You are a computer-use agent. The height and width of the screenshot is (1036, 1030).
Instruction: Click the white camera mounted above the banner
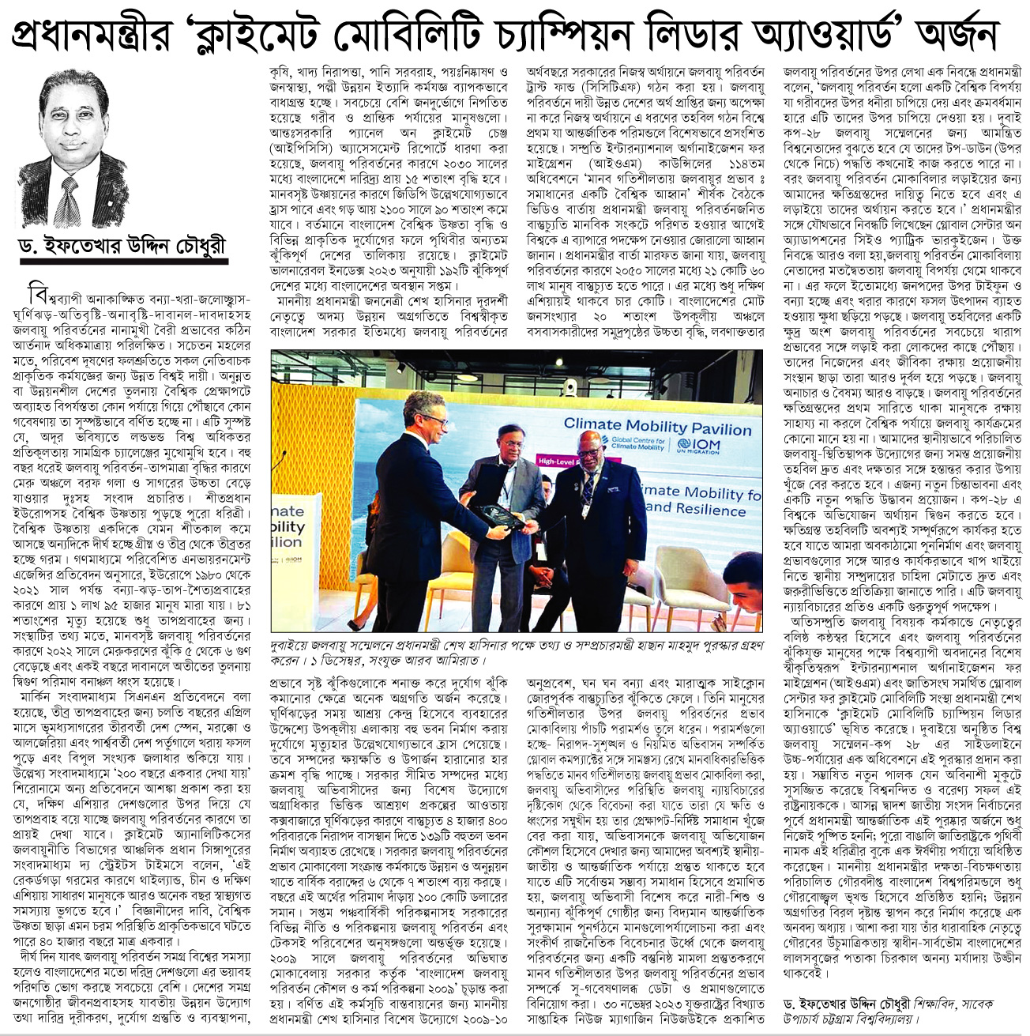point(572,388)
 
